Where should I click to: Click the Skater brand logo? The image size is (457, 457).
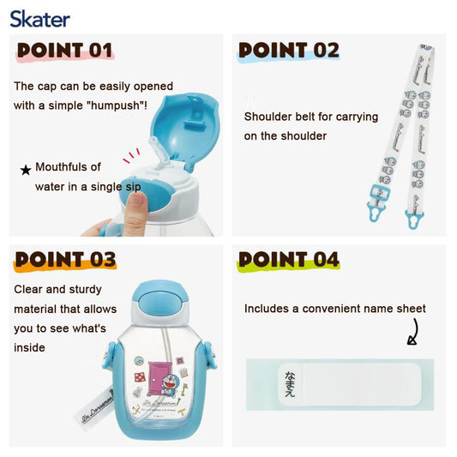40,19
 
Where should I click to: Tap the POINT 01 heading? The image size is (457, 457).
64,50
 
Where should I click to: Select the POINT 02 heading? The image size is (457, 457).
289,50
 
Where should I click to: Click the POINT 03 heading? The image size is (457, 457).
65,260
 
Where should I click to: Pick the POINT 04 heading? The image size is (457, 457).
289,260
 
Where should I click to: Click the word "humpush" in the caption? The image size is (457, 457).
115,105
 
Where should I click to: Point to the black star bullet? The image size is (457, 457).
26,170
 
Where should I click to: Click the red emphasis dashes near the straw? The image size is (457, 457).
131,155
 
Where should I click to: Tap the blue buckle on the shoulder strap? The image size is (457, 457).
380,195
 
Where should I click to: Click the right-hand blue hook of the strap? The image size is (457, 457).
414,219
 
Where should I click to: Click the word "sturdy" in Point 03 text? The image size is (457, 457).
85,290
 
